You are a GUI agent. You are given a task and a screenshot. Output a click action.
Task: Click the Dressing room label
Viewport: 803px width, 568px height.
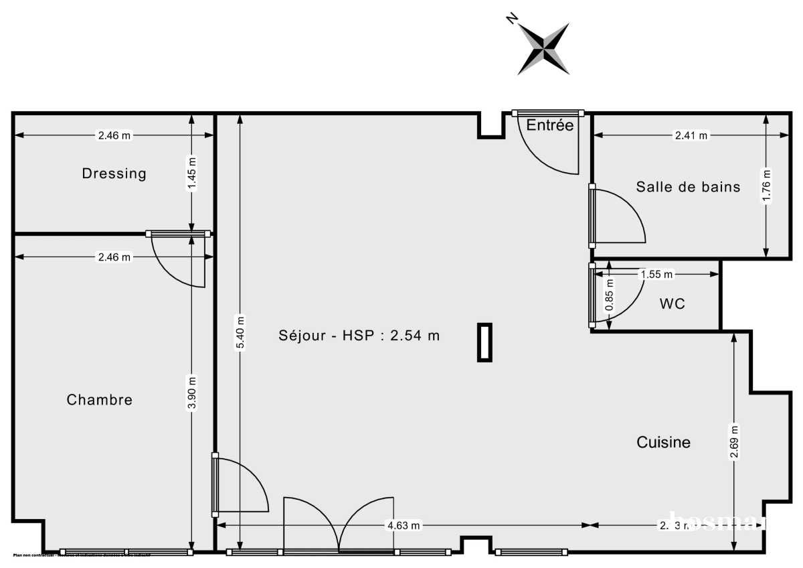114,173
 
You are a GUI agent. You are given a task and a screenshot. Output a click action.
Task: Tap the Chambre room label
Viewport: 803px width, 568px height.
100,400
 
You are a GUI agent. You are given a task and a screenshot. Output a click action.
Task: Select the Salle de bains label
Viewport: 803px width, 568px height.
688,187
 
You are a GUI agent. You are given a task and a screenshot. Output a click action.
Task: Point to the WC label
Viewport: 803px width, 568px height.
672,304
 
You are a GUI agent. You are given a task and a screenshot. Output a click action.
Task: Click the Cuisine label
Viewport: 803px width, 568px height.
663,442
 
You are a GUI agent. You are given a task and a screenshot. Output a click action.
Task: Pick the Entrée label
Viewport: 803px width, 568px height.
549,125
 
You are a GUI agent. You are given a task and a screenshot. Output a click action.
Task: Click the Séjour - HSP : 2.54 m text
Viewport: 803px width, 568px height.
359,336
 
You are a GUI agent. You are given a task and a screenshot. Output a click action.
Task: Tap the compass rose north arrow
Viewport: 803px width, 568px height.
543,48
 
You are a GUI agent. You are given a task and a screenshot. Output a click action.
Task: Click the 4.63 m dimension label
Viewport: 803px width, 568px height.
404,526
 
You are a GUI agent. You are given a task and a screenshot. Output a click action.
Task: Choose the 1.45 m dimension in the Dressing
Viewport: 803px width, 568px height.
192,173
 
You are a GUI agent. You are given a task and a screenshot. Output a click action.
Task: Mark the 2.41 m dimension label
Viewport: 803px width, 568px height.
691,135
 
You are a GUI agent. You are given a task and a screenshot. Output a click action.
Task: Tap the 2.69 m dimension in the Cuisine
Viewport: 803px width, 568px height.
735,443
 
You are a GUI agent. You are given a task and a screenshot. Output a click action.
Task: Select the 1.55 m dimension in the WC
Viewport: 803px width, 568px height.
656,274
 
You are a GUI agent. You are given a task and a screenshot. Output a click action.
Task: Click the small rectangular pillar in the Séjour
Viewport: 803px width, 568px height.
484,342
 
